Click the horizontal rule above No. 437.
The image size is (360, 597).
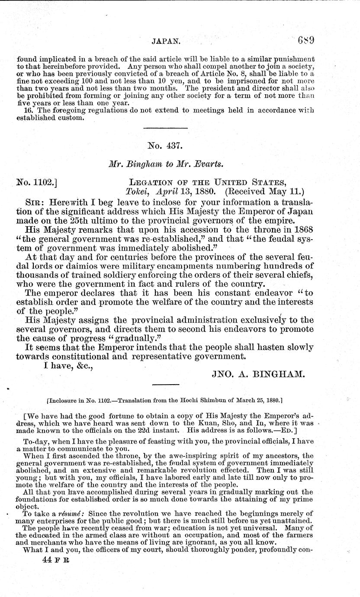point(165,128)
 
